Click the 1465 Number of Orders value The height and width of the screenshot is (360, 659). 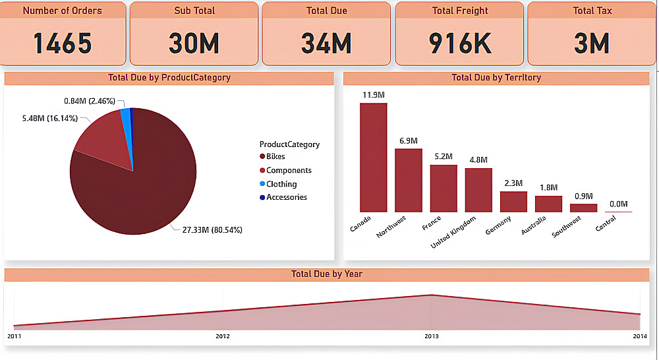tap(63, 43)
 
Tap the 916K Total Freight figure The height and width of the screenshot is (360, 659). tap(460, 43)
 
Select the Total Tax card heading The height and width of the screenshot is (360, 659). tap(592, 11)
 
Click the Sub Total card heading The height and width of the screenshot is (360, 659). tap(194, 11)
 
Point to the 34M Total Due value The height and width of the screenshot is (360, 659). tap(327, 43)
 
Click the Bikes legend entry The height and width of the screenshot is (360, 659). tap(275, 157)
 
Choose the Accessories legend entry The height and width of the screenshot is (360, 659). tap(286, 197)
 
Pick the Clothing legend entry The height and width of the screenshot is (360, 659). tap(281, 184)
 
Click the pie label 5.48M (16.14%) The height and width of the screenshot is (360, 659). tap(50, 118)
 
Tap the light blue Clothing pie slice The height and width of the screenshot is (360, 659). tap(125, 115)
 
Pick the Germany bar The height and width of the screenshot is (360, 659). tap(513, 201)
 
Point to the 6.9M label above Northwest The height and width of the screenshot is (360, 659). tap(408, 140)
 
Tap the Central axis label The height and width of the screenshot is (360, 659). tap(606, 224)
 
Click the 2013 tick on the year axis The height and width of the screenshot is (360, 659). tap(431, 336)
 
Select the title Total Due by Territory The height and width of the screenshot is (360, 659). tap(496, 78)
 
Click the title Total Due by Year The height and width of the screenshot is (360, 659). tap(327, 274)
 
